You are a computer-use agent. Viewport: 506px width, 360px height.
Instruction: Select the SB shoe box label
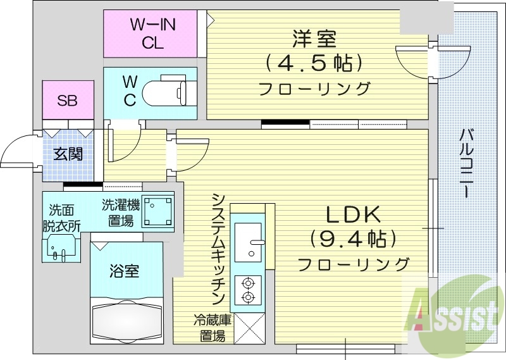pyautogui.click(x=68, y=101)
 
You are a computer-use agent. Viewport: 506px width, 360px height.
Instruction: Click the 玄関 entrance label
pyautogui.click(x=68, y=154)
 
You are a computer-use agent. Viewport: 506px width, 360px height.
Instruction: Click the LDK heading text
pyautogui.click(x=352, y=215)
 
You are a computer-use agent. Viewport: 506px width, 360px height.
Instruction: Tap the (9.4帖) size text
pyautogui.click(x=352, y=239)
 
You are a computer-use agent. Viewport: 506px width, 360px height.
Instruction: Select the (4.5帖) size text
pyautogui.click(x=313, y=63)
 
